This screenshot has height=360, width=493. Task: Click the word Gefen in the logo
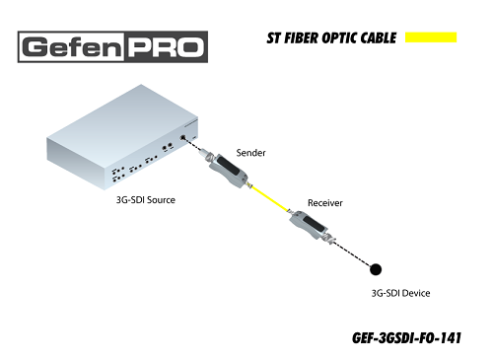click(72, 47)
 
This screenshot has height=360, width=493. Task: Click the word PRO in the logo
click(166, 47)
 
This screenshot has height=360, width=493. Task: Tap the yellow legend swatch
click(431, 37)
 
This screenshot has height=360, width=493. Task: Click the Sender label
click(250, 153)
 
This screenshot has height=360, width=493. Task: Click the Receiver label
click(325, 203)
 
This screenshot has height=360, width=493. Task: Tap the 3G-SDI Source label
click(146, 200)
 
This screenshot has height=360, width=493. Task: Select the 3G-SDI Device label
click(400, 293)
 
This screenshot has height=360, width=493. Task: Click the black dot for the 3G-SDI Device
click(376, 269)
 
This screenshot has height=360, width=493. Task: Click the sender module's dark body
click(227, 166)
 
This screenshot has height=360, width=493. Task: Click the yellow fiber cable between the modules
click(270, 199)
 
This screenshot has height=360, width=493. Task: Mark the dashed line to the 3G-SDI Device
click(352, 254)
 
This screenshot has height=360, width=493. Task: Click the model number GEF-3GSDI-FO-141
click(406, 338)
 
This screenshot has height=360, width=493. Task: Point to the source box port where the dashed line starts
click(183, 138)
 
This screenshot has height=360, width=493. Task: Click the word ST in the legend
click(274, 38)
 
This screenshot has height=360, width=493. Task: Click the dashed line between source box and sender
click(193, 145)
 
